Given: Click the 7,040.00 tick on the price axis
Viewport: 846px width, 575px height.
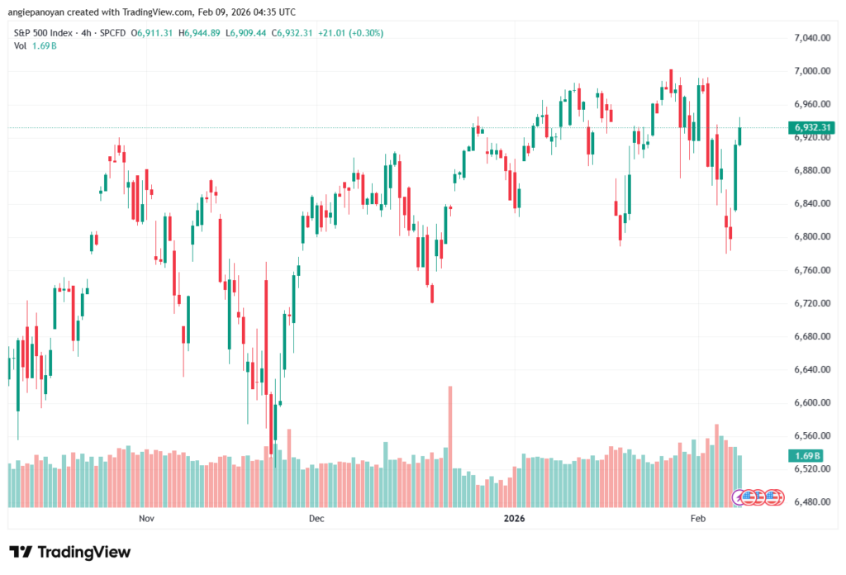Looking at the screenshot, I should [x=810, y=38].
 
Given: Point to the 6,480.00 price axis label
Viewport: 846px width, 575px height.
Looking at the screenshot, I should [x=810, y=502].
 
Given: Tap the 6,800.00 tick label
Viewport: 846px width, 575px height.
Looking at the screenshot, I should [x=810, y=237].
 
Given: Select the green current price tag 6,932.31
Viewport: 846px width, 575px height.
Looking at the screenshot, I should [x=811, y=127].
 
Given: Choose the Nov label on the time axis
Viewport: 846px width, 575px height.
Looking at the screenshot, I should [x=146, y=519].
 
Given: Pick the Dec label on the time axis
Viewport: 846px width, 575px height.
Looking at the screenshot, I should [x=316, y=519].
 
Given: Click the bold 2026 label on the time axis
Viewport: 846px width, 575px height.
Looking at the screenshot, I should [x=514, y=519].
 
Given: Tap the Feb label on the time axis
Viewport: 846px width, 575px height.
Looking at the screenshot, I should [x=697, y=519].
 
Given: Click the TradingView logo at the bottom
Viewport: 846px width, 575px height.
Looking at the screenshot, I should [x=70, y=552].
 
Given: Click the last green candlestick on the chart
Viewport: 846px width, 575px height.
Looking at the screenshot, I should [x=740, y=135].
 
